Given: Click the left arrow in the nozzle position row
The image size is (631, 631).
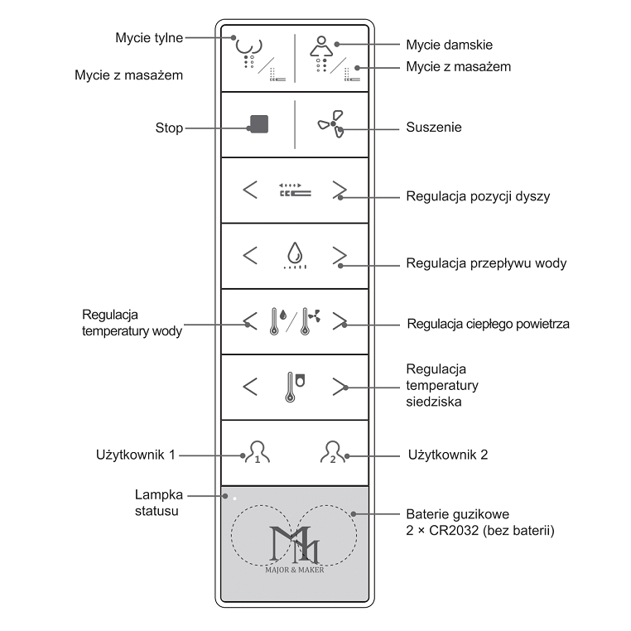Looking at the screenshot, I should pos(250,190).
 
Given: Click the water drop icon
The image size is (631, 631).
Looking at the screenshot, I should pos(295,252).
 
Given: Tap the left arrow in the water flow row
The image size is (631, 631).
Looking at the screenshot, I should pos(250,254).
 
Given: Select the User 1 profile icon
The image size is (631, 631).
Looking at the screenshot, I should pos(257,453).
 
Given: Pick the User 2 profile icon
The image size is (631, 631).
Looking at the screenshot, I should pos(333,453).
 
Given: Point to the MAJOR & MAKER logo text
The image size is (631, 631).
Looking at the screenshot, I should pos(295,569).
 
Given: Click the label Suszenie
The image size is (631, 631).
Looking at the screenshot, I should pos(434,128).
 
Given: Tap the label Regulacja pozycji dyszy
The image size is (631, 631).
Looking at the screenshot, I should pos(478,197).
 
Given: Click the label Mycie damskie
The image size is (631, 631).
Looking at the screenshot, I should pos(455,45).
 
